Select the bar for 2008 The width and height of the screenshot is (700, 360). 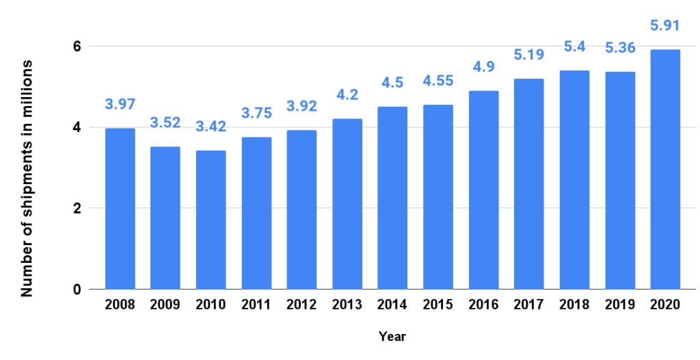(x=120, y=209)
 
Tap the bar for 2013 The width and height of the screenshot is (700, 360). (x=347, y=204)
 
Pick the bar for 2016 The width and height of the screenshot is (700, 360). (x=483, y=190)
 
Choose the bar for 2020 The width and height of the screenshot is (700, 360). (x=665, y=169)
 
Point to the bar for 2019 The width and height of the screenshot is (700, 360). (x=620, y=180)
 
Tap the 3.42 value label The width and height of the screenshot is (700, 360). (x=211, y=128)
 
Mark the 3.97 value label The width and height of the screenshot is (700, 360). (x=120, y=105)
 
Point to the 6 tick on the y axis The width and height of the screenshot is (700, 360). (x=77, y=47)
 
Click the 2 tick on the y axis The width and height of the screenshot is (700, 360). (x=77, y=208)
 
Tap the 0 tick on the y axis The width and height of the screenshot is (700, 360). (x=77, y=289)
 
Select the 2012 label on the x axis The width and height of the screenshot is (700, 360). (x=301, y=305)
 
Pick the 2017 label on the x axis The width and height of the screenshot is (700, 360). (x=529, y=305)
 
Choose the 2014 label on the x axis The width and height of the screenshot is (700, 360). (x=392, y=305)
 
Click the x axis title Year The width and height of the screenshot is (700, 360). (x=392, y=337)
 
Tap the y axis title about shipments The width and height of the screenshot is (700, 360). (x=27, y=178)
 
